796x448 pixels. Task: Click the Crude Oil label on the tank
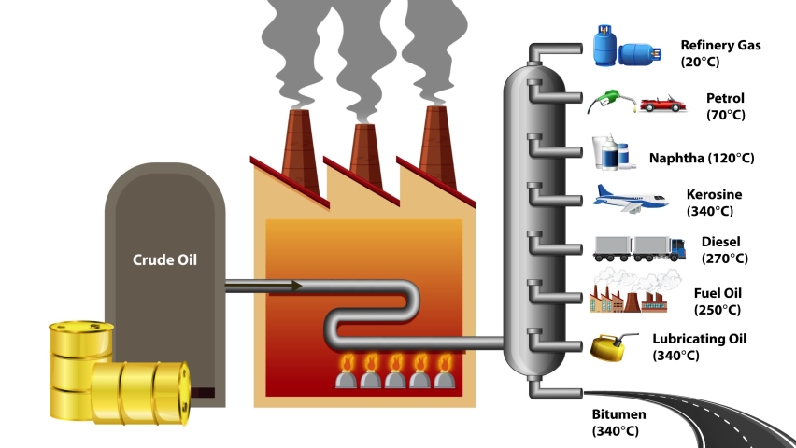(163, 259)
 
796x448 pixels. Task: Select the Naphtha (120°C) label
(702, 158)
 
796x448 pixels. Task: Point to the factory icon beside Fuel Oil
(627, 294)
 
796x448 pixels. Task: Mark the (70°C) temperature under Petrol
(725, 116)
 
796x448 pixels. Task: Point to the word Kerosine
(714, 194)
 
